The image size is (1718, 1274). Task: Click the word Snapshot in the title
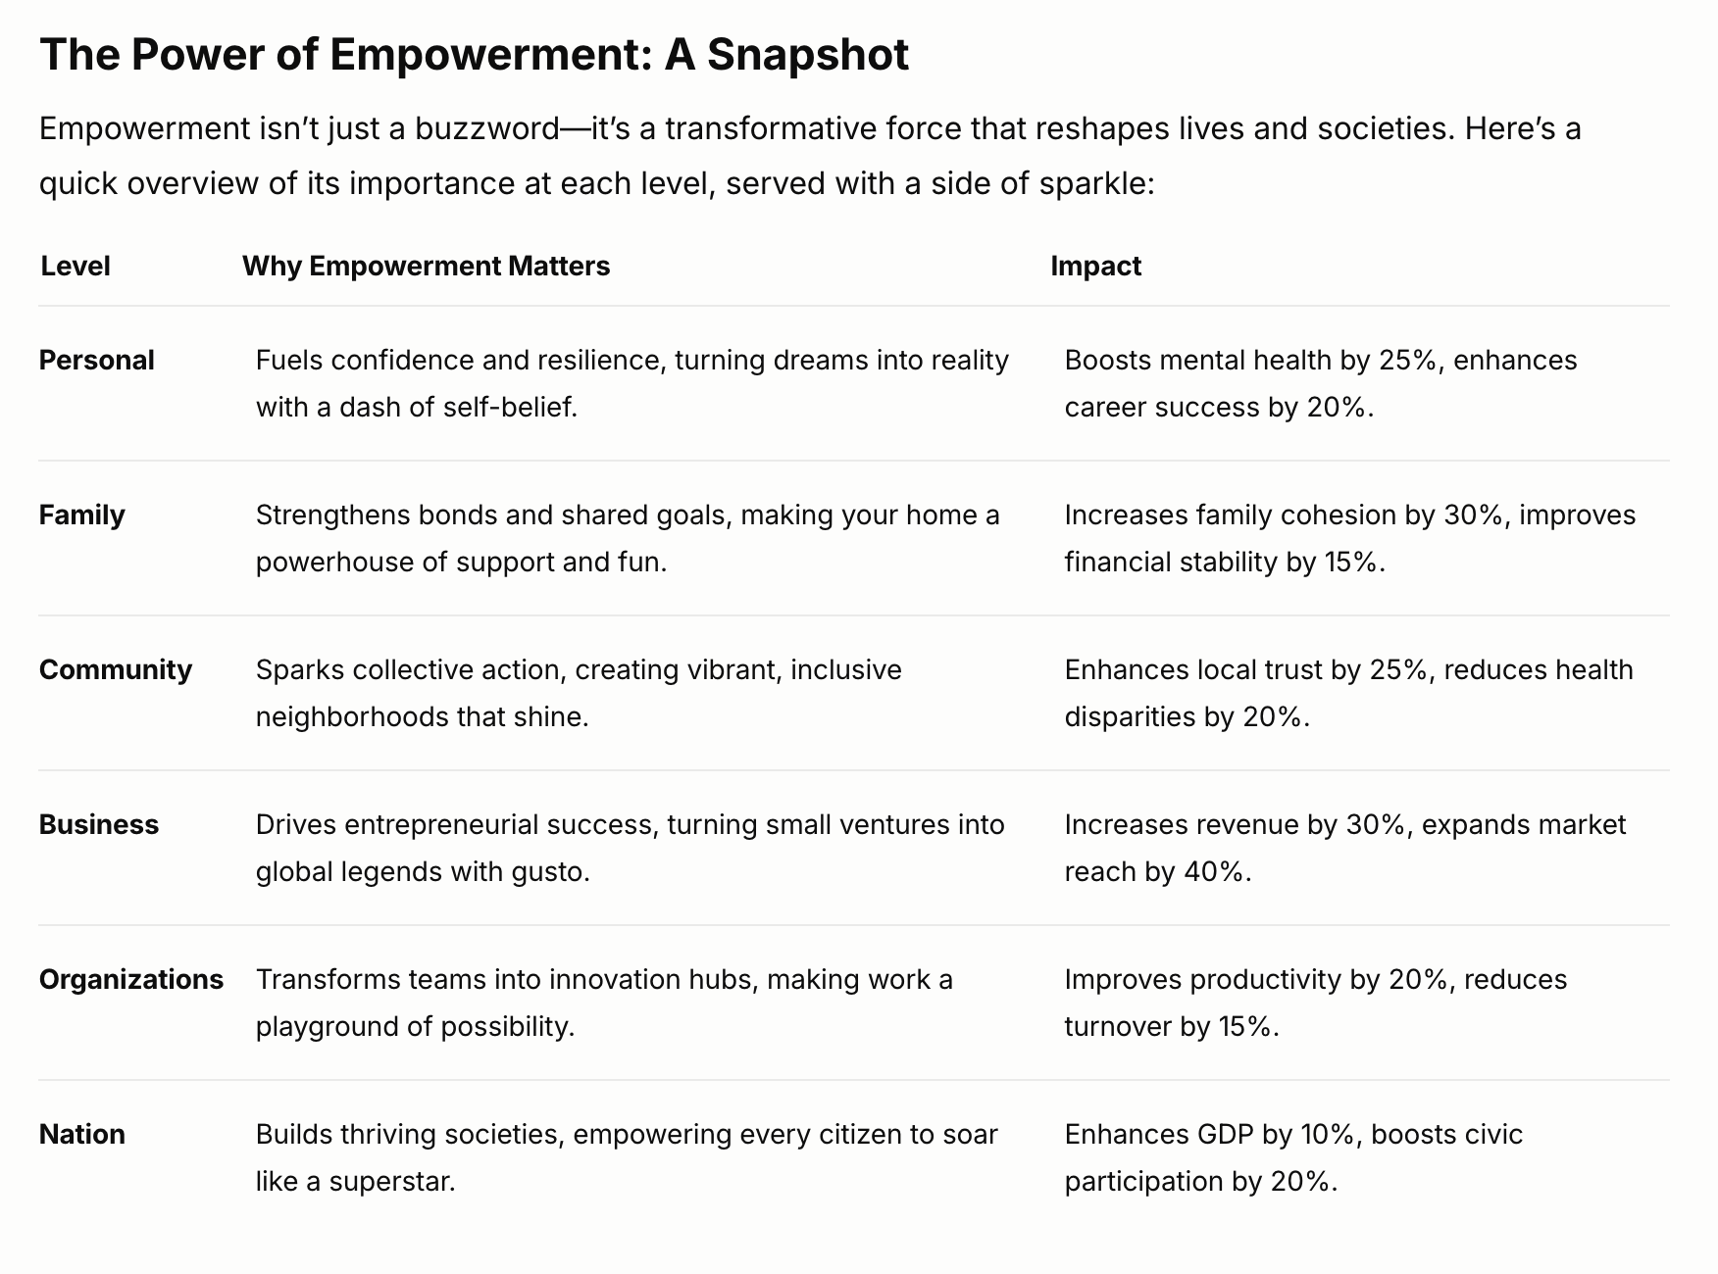point(808,55)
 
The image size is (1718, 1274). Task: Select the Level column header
point(76,267)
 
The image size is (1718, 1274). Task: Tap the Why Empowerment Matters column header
point(426,267)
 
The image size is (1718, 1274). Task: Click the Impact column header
point(1095,267)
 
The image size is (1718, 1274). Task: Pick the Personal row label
point(97,361)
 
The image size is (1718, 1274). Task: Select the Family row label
point(82,515)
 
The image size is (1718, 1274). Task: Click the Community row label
point(116,670)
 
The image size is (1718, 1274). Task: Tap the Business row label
point(99,825)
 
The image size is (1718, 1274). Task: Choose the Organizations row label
point(131,980)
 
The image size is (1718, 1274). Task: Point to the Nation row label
point(82,1135)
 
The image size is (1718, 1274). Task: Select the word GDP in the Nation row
point(1225,1135)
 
